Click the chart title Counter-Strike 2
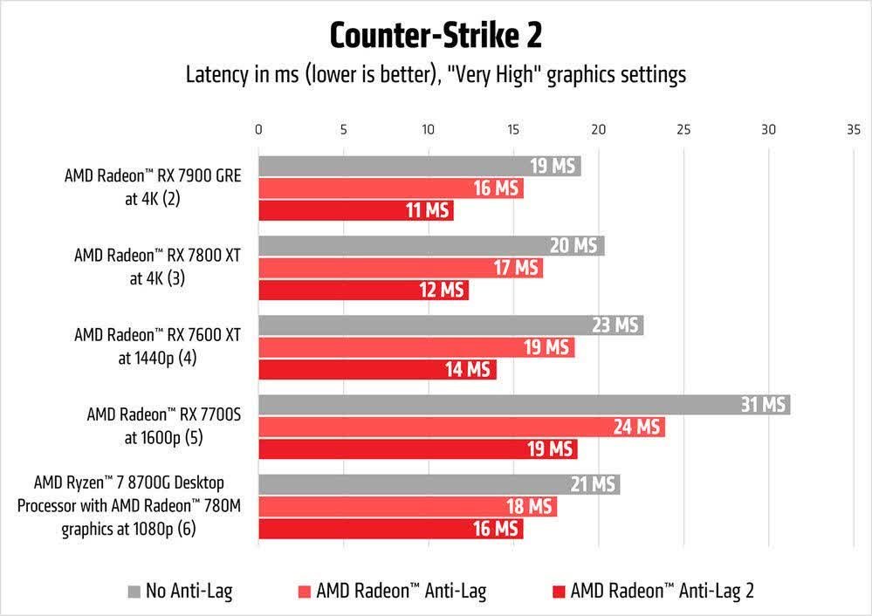tap(436, 36)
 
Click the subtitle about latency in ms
tap(436, 75)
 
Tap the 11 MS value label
tap(425, 210)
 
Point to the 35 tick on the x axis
tap(853, 129)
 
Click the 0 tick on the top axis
tap(258, 129)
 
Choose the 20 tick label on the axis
tap(599, 129)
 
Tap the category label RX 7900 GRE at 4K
tap(152, 186)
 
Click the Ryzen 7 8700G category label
tap(135, 505)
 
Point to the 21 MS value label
tap(594, 484)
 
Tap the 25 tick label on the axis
tap(683, 129)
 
